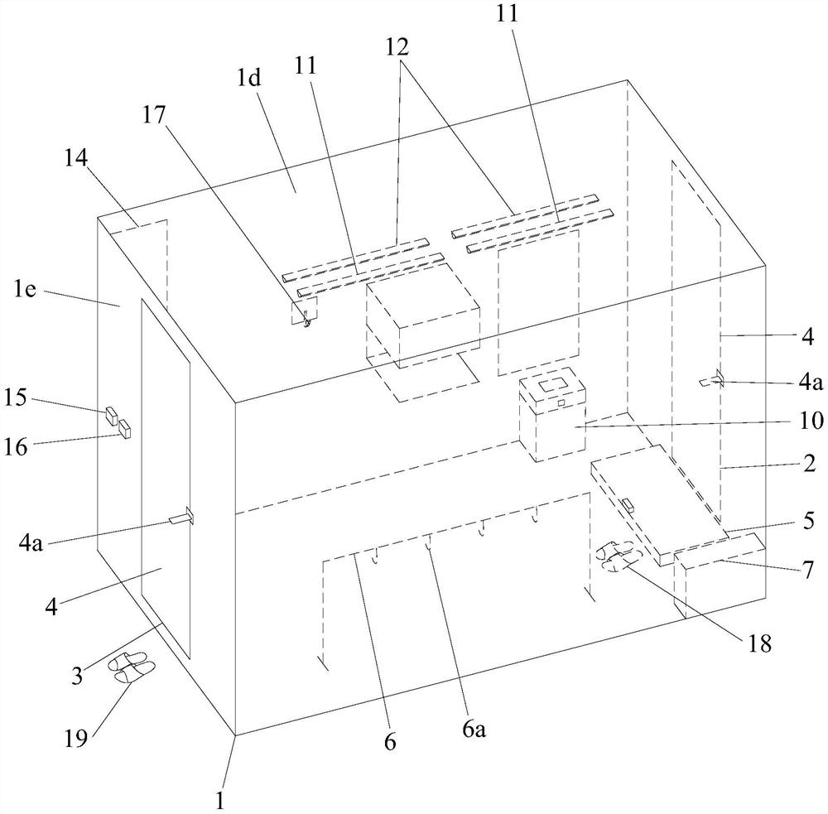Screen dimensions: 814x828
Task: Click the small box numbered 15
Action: click(110, 415)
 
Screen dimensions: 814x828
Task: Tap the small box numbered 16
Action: click(125, 429)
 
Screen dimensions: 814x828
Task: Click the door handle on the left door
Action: click(181, 519)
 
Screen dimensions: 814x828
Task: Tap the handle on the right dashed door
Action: click(713, 381)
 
